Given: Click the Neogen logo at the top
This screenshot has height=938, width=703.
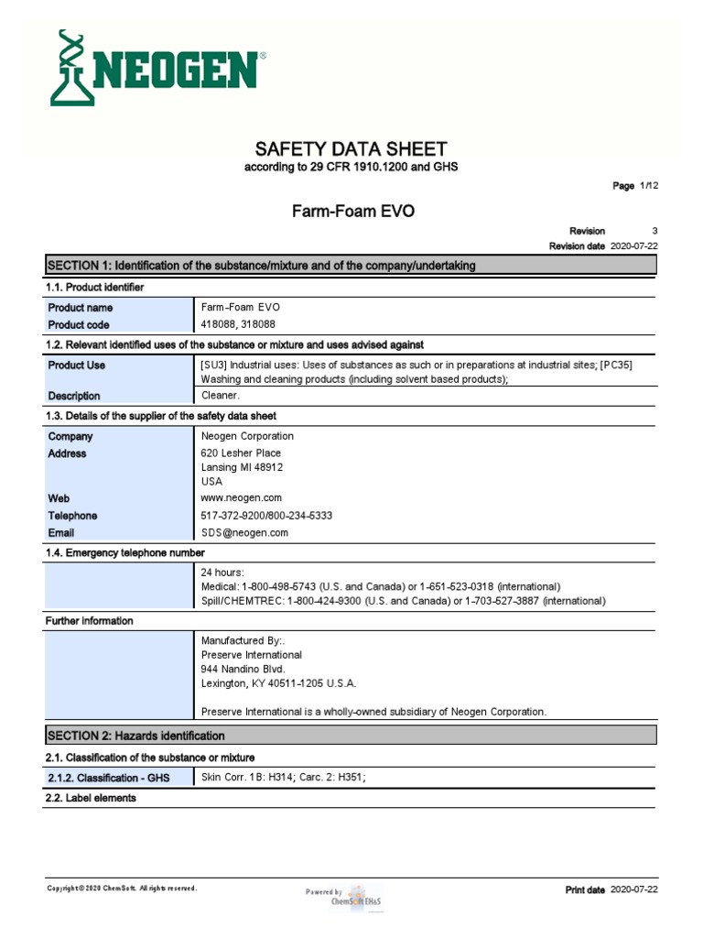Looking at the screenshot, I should click(x=156, y=67).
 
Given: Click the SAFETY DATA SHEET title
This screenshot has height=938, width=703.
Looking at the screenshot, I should click(x=351, y=148).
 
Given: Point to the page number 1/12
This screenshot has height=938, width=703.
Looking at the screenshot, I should click(x=648, y=186).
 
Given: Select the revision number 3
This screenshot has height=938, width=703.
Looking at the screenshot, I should click(x=654, y=231).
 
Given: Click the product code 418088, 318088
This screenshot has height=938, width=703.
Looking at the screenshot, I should click(x=238, y=324).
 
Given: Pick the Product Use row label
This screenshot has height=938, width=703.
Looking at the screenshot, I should click(x=77, y=365).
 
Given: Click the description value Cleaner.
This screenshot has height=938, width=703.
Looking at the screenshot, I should click(x=221, y=396).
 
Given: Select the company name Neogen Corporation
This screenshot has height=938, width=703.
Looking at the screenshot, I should click(x=247, y=436).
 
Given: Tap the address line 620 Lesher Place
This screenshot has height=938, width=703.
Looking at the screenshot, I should click(x=241, y=453).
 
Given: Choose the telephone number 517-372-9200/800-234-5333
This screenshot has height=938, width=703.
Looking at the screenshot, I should click(x=266, y=516).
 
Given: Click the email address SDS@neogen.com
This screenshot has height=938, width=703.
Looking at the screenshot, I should click(x=244, y=532).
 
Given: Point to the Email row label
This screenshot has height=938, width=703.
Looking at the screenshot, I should click(x=61, y=532).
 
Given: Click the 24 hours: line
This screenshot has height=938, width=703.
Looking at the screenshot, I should click(x=222, y=573).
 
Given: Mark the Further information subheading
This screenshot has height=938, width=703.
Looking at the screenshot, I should click(x=90, y=621).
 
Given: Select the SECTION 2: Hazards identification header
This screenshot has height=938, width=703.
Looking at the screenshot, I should click(x=135, y=736).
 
